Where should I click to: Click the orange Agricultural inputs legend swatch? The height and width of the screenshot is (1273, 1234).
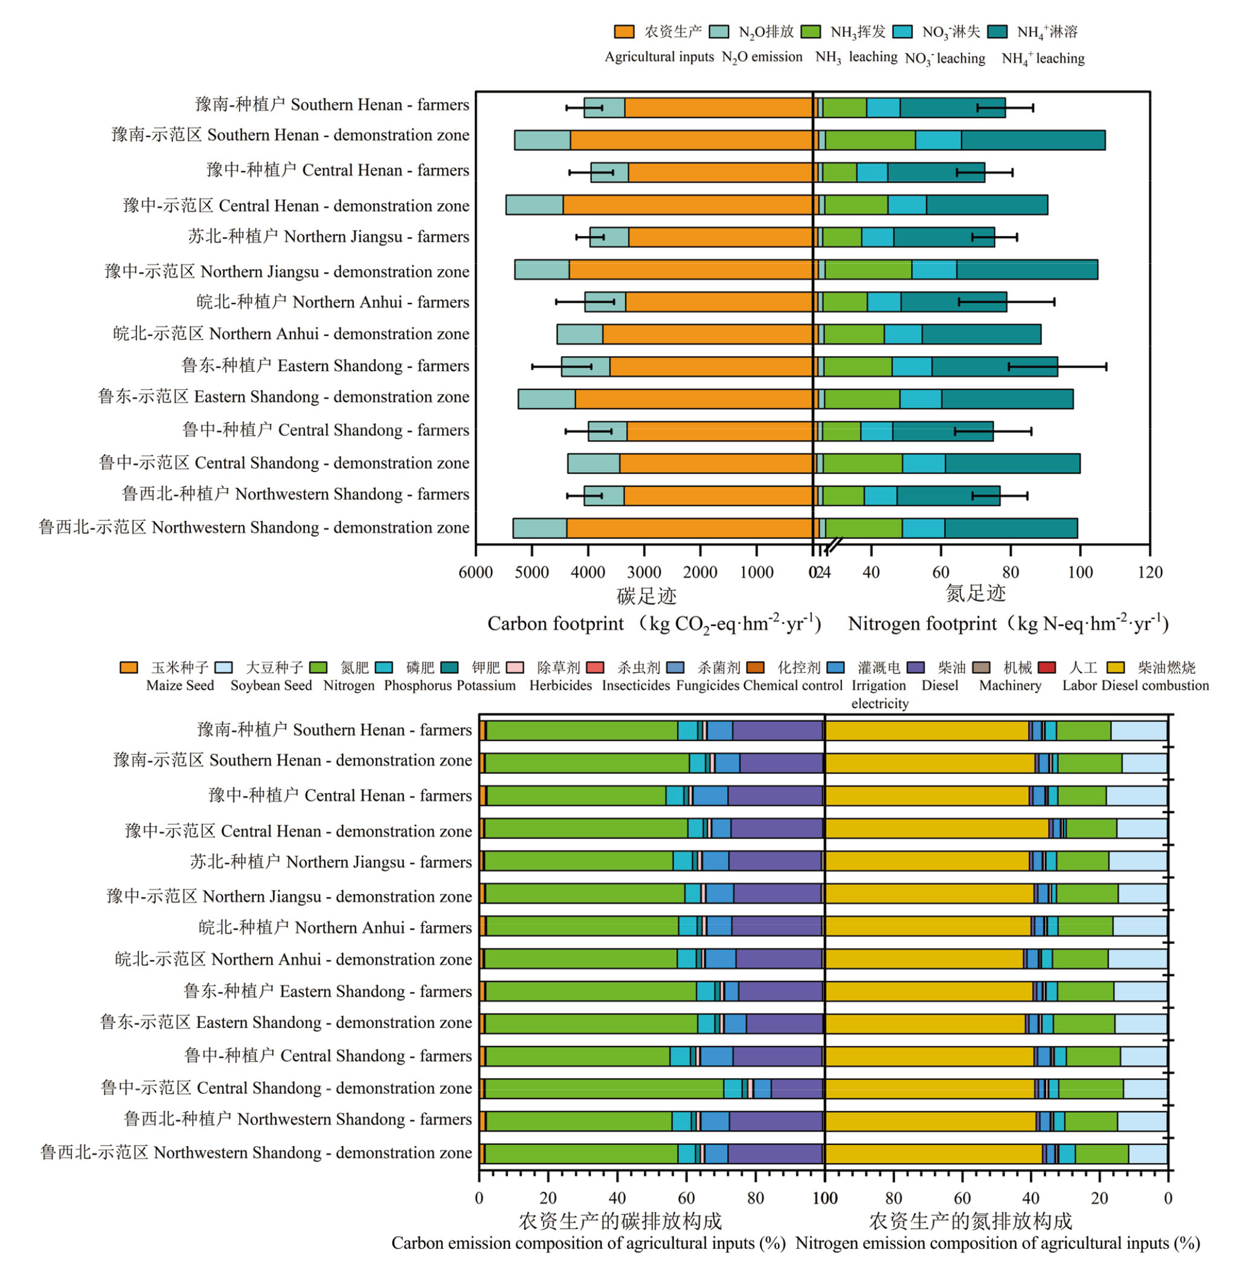[x=623, y=31]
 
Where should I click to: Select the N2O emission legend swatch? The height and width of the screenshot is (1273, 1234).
[x=719, y=31]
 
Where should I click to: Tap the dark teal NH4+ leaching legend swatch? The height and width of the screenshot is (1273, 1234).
[x=997, y=31]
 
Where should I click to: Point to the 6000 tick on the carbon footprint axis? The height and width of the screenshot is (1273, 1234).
[x=476, y=572]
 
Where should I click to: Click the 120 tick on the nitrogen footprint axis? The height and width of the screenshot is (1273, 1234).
[x=1150, y=572]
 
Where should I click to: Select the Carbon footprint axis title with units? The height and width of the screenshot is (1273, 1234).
[x=654, y=624]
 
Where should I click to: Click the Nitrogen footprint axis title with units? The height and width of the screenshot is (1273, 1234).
[x=1009, y=624]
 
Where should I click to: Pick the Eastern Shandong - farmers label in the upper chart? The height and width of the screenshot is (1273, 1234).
[x=325, y=366]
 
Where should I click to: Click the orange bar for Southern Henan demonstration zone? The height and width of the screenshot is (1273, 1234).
[x=692, y=139]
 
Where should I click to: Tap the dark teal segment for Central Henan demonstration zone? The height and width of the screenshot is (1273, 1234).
[x=986, y=205]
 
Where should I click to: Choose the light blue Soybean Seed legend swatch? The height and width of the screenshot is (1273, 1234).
[x=223, y=668]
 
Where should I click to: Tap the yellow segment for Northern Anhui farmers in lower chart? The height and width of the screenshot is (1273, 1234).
[x=928, y=925]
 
